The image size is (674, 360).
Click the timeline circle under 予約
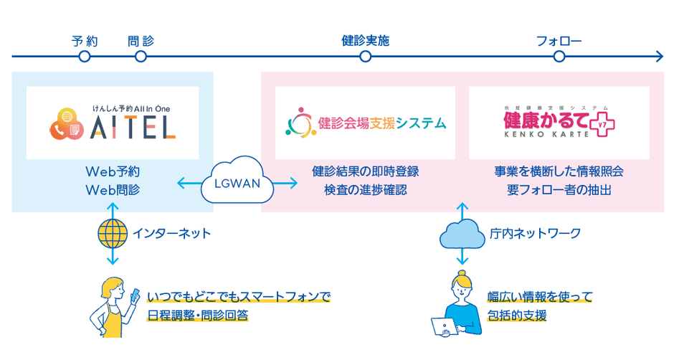(x=85, y=56)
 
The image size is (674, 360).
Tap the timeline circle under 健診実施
(x=365, y=56)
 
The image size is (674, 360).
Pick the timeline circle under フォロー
(x=559, y=56)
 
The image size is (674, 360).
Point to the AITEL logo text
(x=133, y=128)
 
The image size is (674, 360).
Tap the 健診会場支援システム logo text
(x=381, y=123)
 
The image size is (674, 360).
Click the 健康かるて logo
(x=559, y=123)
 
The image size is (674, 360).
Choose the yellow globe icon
(x=112, y=232)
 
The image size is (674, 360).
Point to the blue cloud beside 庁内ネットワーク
(x=461, y=232)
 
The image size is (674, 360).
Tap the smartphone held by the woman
(x=135, y=295)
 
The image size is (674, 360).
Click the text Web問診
(x=113, y=190)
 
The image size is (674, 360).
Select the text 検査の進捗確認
(x=366, y=190)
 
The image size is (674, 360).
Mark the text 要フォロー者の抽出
(x=559, y=190)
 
